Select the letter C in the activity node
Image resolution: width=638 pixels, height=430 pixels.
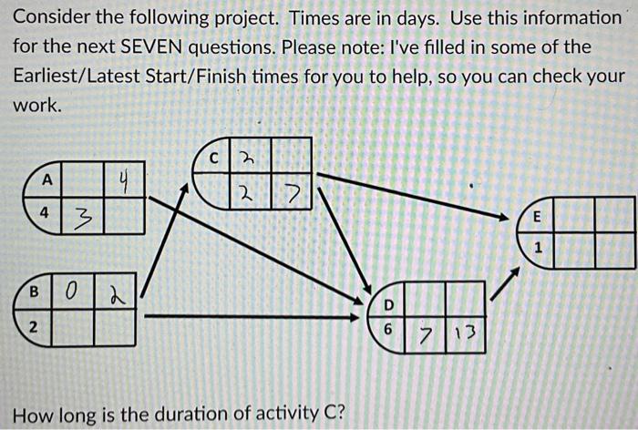click(x=213, y=156)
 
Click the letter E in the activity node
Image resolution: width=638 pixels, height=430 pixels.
click(x=537, y=218)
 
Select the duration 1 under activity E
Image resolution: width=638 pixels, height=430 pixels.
click(x=538, y=248)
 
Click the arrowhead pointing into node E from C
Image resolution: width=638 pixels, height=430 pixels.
click(x=505, y=217)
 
